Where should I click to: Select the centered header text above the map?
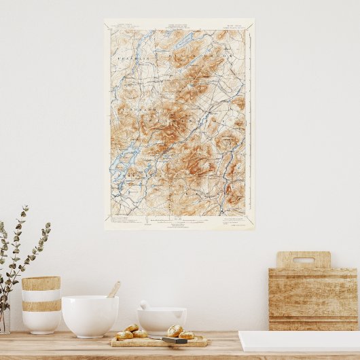178,28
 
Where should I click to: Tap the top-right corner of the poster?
253,20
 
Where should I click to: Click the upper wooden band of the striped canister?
41,283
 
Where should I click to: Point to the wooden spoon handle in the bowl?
114,289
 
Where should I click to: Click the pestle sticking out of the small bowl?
145,305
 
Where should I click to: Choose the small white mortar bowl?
162,321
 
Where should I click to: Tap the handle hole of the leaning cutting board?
303,259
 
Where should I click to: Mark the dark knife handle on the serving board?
175,340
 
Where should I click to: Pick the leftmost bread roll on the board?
124,335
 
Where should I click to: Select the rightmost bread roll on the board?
187,334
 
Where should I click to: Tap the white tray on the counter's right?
299,340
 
